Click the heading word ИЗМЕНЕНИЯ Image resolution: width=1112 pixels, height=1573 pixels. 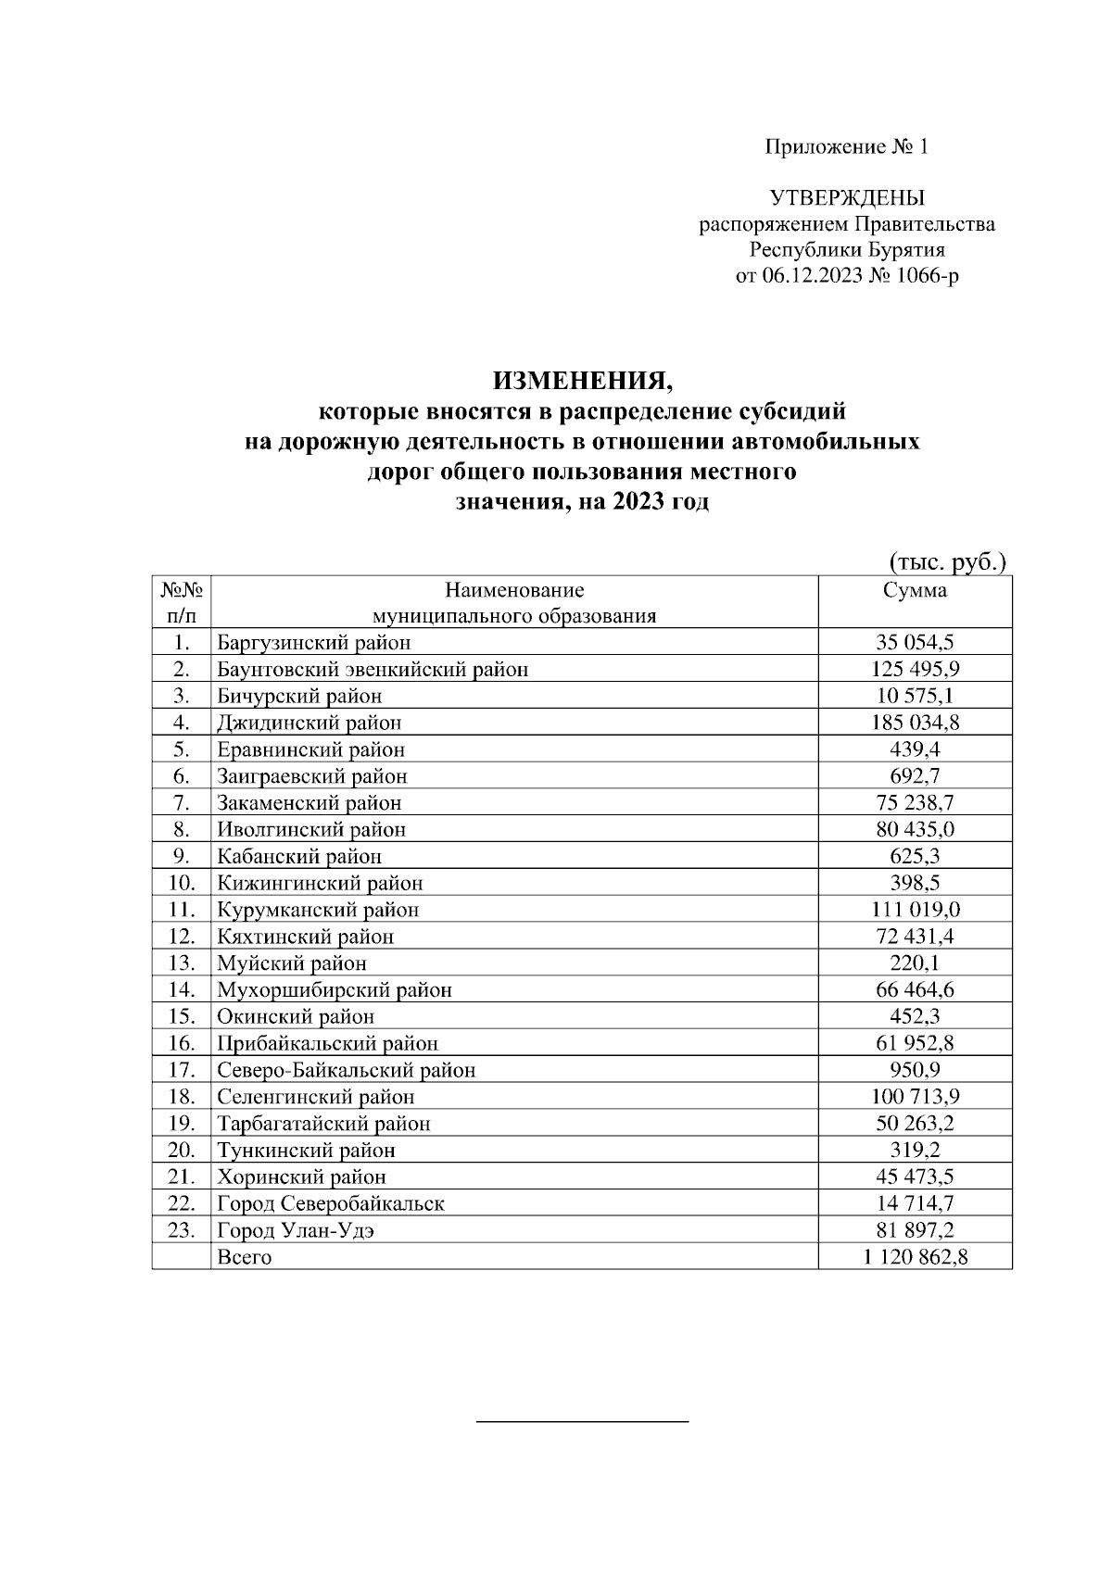(580, 381)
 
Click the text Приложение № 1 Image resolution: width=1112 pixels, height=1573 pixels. (845, 147)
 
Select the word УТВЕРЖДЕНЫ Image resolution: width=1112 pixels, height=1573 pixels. (847, 198)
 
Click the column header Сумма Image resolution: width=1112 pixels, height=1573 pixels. (915, 590)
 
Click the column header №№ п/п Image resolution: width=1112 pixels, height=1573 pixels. (181, 602)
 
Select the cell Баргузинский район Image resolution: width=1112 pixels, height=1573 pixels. (313, 643)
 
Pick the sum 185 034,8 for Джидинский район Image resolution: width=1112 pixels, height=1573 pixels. (915, 723)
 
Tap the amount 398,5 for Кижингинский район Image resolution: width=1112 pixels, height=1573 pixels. (915, 883)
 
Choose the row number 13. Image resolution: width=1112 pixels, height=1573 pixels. (181, 963)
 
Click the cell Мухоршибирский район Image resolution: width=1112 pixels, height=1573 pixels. (334, 990)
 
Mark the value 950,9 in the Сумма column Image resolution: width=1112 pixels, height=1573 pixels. (915, 1070)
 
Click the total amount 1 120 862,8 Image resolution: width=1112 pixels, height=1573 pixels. (915, 1258)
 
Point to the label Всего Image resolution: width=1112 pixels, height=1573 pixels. (244, 1258)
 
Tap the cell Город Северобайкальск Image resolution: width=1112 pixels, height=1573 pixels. (330, 1204)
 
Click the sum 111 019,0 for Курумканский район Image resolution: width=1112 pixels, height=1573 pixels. (915, 910)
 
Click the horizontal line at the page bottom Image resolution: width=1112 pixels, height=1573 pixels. (582, 1420)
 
